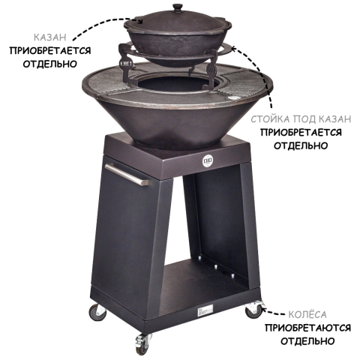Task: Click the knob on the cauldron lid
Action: [178, 7]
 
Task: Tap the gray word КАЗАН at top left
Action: [50, 37]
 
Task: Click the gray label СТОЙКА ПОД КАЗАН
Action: [301, 119]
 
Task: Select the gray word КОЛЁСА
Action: [307, 314]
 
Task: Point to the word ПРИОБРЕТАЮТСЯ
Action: [308, 328]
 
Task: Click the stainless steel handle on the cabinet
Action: [127, 174]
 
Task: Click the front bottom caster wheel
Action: [142, 344]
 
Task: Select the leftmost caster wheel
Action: [97, 313]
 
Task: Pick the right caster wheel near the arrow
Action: [253, 310]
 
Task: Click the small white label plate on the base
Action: [204, 310]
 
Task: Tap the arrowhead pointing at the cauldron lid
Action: [140, 21]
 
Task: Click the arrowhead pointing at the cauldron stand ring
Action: [233, 47]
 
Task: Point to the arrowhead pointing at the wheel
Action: [263, 310]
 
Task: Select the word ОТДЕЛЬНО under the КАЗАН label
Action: [50, 64]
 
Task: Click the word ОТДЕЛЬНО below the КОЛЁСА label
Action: [307, 341]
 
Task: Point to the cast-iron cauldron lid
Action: [178, 20]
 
